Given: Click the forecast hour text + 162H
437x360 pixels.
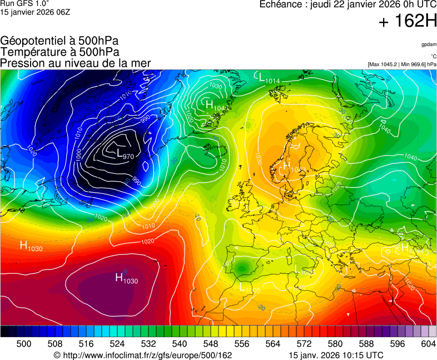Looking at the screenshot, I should click(x=407, y=22).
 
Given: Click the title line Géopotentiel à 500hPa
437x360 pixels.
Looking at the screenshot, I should click(x=59, y=41).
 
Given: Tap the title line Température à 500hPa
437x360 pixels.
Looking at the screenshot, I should click(x=59, y=52).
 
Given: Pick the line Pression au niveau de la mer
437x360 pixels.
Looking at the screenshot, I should click(x=76, y=63).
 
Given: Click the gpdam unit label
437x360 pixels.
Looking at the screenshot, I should click(x=429, y=44).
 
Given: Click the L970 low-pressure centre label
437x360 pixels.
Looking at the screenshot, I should click(x=125, y=154).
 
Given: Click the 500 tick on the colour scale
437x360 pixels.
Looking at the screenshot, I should click(x=24, y=344).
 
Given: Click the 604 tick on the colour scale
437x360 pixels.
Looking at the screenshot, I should click(x=428, y=344).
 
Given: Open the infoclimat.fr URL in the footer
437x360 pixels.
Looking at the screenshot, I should click(x=142, y=355).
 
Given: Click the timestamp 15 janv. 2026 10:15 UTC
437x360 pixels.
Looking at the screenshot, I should click(x=336, y=355).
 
